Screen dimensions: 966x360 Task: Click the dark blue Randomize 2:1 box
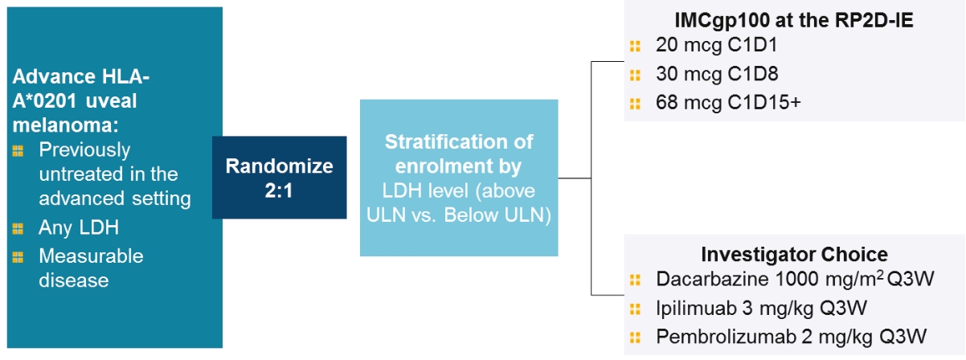tap(279, 178)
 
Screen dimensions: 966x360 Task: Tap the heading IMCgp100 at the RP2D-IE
tap(794, 20)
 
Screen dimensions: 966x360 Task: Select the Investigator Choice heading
tap(794, 255)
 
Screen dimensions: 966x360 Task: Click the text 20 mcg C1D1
tap(717, 45)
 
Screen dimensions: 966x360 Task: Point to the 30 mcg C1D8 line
tap(717, 74)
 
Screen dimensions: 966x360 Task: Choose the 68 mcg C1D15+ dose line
tap(728, 103)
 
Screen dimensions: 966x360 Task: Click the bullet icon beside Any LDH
tap(18, 228)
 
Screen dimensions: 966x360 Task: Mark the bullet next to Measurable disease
tap(18, 257)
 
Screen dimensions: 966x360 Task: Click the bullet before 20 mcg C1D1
tap(635, 46)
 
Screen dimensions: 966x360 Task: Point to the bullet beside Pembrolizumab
tap(635, 337)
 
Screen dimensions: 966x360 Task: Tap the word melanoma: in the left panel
tap(66, 125)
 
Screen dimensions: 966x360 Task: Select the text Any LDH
tap(79, 227)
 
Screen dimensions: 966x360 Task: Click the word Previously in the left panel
tap(84, 150)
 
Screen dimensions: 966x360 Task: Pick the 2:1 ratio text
tap(279, 190)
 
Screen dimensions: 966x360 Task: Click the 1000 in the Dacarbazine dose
tap(796, 279)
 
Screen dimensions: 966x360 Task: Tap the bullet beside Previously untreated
tap(18, 151)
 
